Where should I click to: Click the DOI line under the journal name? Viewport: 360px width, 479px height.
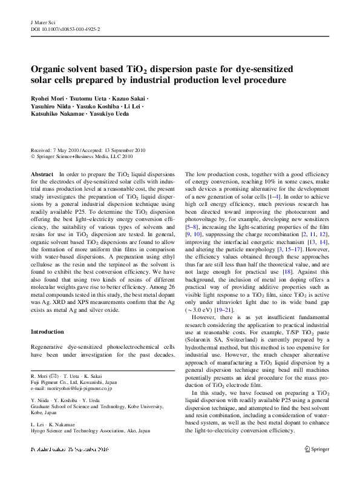coord(65,28)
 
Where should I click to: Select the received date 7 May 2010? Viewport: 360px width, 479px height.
coord(73,150)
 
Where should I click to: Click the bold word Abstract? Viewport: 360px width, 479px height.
coord(41,174)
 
